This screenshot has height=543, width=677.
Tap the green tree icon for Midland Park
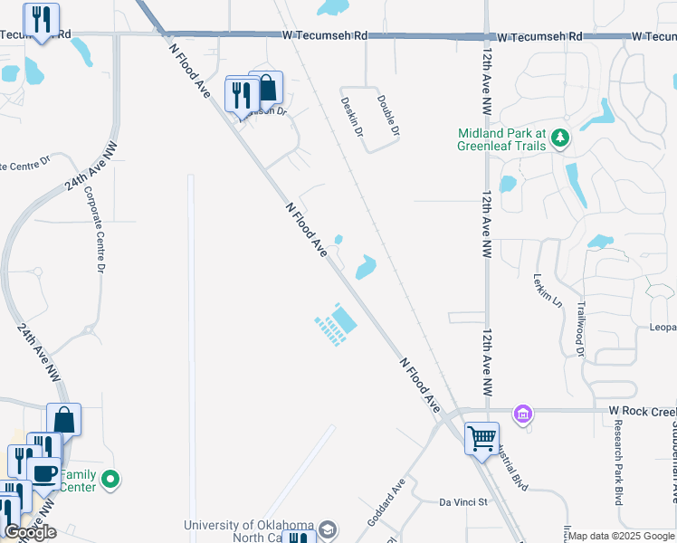pos(561,138)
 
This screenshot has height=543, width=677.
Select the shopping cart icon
pos(482,438)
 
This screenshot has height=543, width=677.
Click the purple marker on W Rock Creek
pos(521,414)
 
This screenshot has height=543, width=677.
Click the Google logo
pos(30,532)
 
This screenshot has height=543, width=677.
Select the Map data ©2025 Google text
pos(620,536)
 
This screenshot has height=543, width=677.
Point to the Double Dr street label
pos(388,115)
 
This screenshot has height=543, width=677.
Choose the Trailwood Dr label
pos(581,329)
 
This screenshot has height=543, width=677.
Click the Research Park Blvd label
pos(619,462)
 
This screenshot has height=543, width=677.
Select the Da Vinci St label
pos(463,501)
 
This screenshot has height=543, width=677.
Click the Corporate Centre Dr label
pos(95,230)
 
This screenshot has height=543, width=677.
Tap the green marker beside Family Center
pos(110,479)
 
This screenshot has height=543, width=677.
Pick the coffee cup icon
pos(43,473)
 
